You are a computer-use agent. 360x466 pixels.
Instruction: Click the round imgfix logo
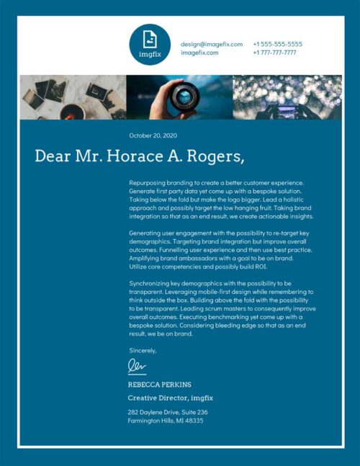(150, 44)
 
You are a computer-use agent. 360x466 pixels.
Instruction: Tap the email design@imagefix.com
(212, 44)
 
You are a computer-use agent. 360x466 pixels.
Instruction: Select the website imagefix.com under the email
(199, 53)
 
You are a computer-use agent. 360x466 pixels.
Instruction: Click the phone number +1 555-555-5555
(277, 44)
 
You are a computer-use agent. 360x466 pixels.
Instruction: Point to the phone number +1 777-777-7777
(274, 53)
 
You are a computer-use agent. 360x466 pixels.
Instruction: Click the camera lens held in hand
(185, 96)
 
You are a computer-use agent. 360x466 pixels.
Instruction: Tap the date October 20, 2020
(152, 135)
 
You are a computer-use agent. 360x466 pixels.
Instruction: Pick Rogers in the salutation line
(213, 156)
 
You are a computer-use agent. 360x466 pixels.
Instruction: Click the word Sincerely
(142, 350)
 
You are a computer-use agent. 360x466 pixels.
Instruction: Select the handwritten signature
(137, 367)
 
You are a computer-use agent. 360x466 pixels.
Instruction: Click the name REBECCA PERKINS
(159, 385)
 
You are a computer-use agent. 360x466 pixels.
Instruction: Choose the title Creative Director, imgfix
(170, 398)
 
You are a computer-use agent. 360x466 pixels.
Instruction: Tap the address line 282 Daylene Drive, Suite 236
(168, 412)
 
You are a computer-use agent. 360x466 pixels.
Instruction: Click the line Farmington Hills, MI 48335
(166, 421)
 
